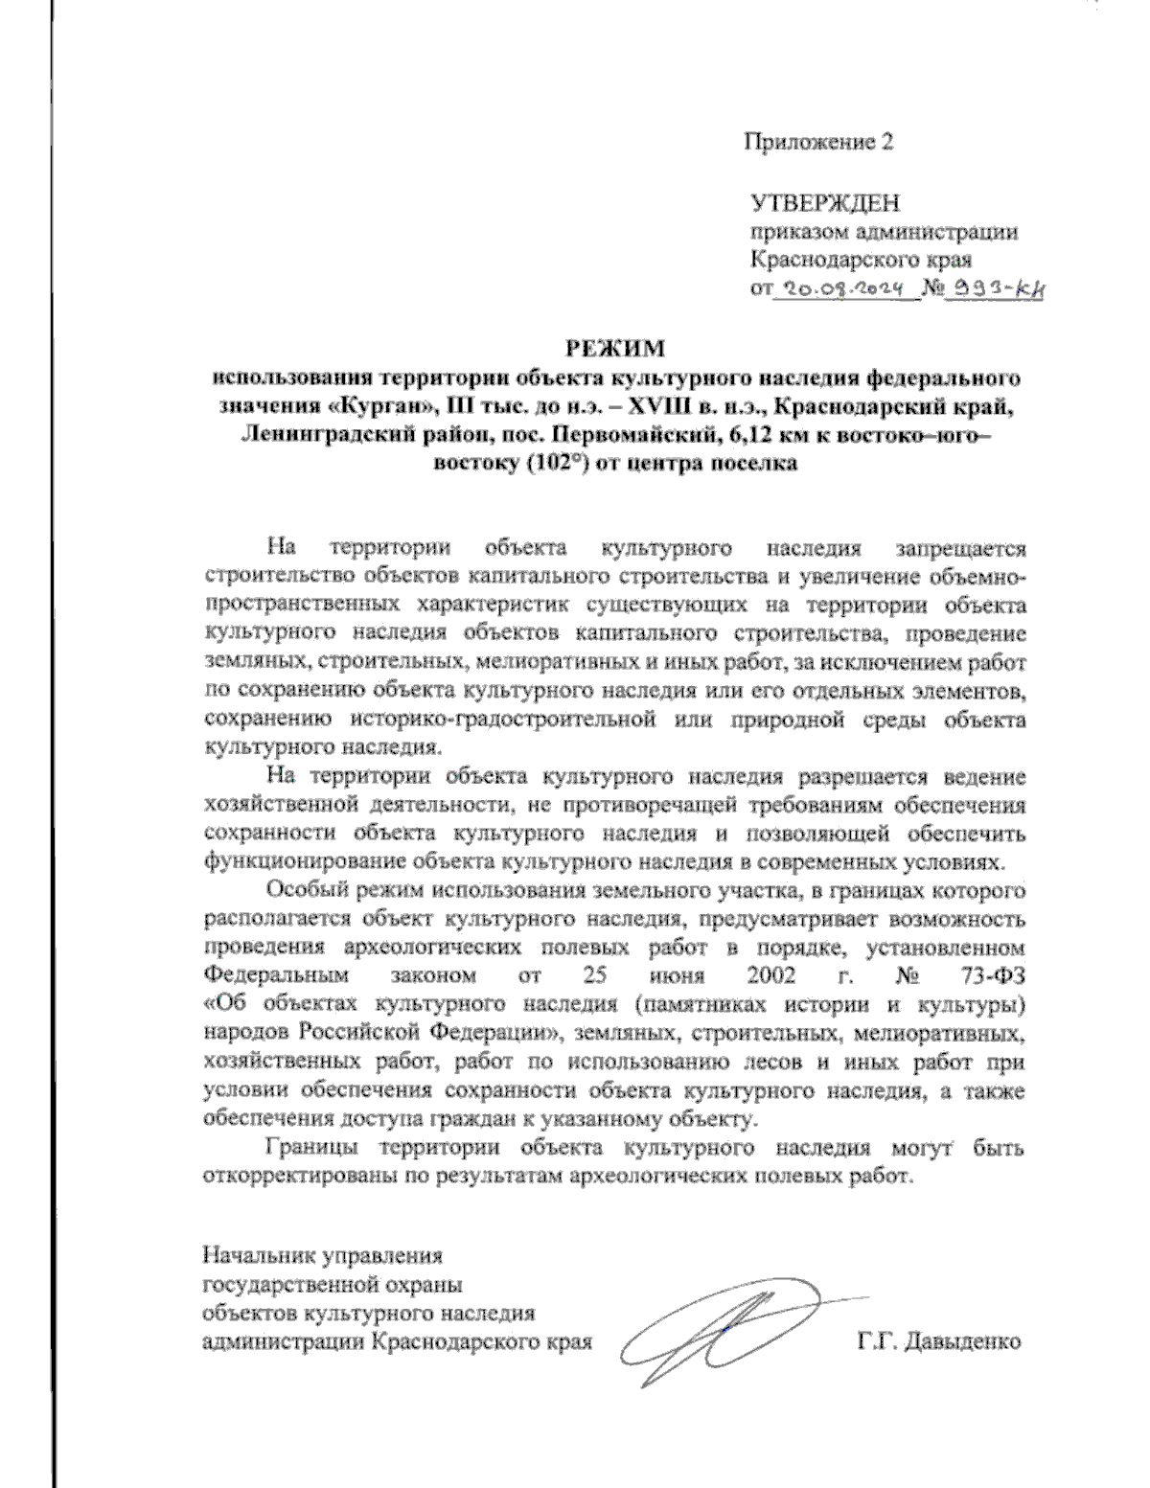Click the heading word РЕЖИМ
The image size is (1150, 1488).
613,346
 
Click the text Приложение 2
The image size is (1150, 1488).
819,143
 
